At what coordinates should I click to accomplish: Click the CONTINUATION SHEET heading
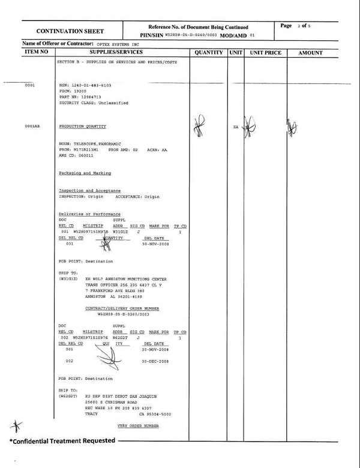tap(70, 31)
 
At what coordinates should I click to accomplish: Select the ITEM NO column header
tap(40, 53)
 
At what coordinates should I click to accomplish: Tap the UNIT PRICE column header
tap(265, 53)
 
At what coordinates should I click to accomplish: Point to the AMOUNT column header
tap(310, 53)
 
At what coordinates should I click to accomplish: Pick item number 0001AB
tap(32, 127)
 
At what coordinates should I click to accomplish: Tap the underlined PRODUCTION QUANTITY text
tap(82, 127)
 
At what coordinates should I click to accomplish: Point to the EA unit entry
tap(236, 127)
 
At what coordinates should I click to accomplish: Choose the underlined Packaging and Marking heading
tap(85, 173)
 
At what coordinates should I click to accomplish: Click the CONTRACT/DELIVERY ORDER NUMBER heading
tap(122, 308)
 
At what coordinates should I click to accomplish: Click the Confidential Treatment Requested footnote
tap(62, 441)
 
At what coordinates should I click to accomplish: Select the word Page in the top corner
tap(286, 26)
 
